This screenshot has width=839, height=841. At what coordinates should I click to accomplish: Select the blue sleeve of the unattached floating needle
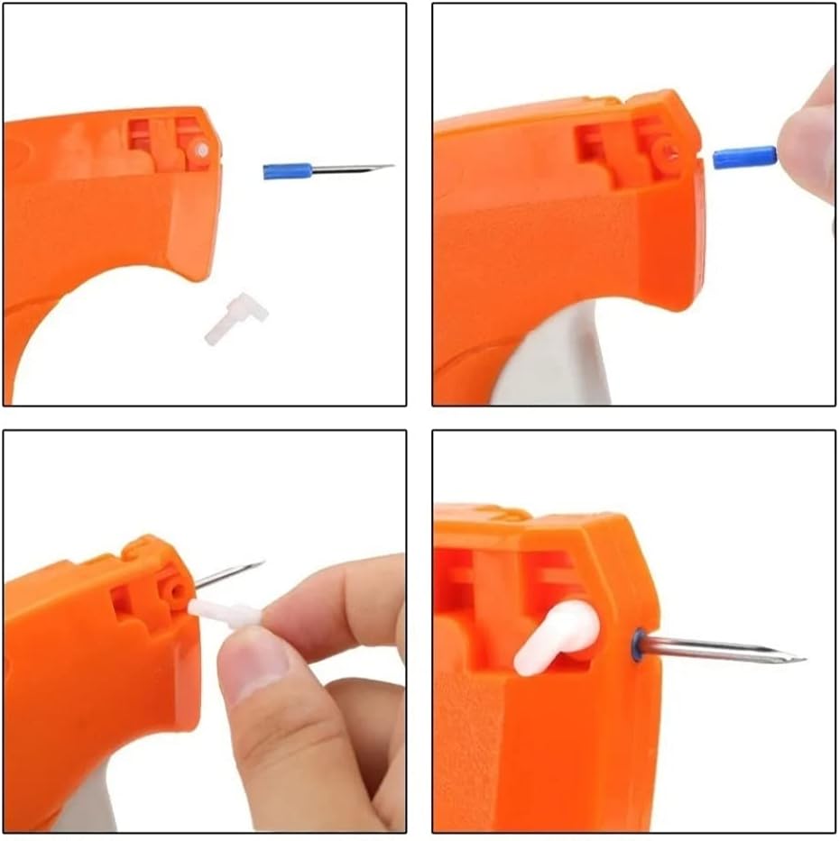[x=287, y=170]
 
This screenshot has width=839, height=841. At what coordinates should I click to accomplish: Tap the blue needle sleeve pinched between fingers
[x=744, y=157]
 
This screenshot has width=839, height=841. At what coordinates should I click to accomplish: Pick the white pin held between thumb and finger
[x=226, y=614]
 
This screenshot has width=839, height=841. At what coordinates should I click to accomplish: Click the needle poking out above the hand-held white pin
[x=229, y=573]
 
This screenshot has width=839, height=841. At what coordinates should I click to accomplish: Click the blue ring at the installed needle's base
[x=638, y=644]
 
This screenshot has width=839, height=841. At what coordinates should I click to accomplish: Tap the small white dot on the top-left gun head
[x=203, y=150]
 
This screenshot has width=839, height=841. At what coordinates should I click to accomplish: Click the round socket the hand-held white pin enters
[x=175, y=591]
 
